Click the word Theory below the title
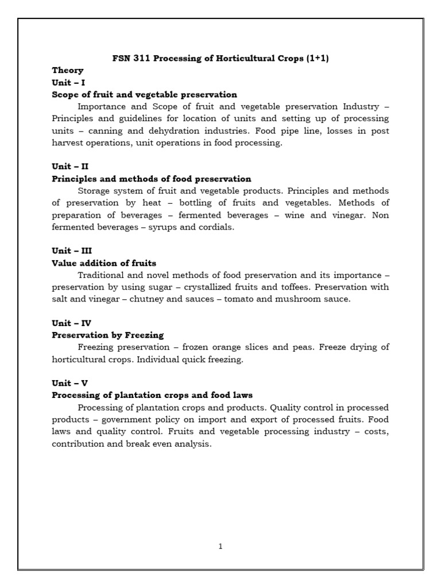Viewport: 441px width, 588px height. click(68, 70)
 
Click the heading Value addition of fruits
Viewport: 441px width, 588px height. click(104, 263)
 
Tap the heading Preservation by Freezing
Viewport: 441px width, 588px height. click(108, 334)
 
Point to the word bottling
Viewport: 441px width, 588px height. click(200, 203)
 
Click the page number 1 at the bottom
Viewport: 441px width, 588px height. click(220, 546)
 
